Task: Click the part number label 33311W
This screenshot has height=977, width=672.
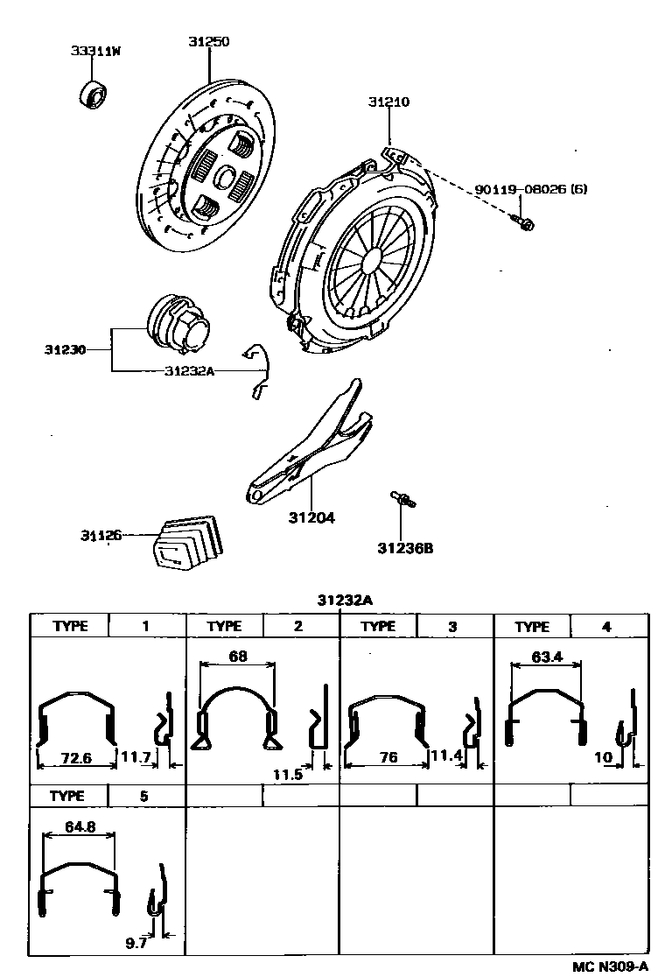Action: tap(95, 51)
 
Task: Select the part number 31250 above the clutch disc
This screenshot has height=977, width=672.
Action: tap(209, 41)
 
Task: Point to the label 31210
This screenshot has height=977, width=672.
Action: tap(388, 102)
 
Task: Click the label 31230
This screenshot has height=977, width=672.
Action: tap(66, 349)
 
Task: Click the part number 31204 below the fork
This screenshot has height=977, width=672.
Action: tap(311, 517)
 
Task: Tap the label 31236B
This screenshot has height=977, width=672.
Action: tap(405, 549)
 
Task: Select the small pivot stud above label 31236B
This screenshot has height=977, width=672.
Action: tap(402, 499)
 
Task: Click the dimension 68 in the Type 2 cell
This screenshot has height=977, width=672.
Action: tap(237, 656)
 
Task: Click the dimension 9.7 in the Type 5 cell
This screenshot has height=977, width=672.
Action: tap(136, 944)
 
